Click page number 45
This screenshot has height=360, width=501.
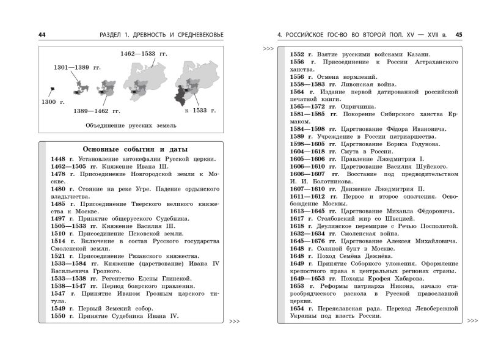point(459,35)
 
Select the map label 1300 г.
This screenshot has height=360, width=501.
point(53,101)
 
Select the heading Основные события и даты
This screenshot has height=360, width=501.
point(134,149)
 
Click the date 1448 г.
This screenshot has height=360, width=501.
point(62,159)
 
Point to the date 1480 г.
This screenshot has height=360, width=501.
point(62,189)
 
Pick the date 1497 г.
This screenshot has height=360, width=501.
point(62,218)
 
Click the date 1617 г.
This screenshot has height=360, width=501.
point(301,218)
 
